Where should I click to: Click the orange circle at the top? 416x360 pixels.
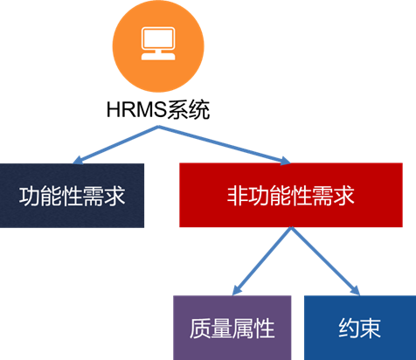click(158, 46)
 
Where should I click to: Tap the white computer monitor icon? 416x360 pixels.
click(158, 38)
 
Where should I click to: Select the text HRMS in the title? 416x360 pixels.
click(136, 109)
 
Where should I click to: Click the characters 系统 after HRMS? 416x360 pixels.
click(189, 109)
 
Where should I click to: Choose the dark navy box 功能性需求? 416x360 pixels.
click(72, 196)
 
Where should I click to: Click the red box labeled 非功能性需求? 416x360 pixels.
click(291, 195)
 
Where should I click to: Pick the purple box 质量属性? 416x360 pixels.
click(232, 328)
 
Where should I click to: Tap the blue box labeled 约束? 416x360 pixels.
click(360, 328)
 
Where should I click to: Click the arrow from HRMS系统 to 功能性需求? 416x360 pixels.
click(115, 145)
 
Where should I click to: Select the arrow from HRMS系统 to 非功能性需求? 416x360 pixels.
click(225, 145)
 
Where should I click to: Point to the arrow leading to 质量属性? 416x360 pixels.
click(261, 261)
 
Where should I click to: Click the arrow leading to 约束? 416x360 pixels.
click(325, 261)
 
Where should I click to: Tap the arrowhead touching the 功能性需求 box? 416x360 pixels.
click(78, 161)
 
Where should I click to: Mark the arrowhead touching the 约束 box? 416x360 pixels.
click(356, 290)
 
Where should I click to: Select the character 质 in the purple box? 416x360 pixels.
click(200, 329)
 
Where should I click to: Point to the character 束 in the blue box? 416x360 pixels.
click(371, 329)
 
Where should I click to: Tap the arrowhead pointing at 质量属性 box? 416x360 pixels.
click(237, 290)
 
